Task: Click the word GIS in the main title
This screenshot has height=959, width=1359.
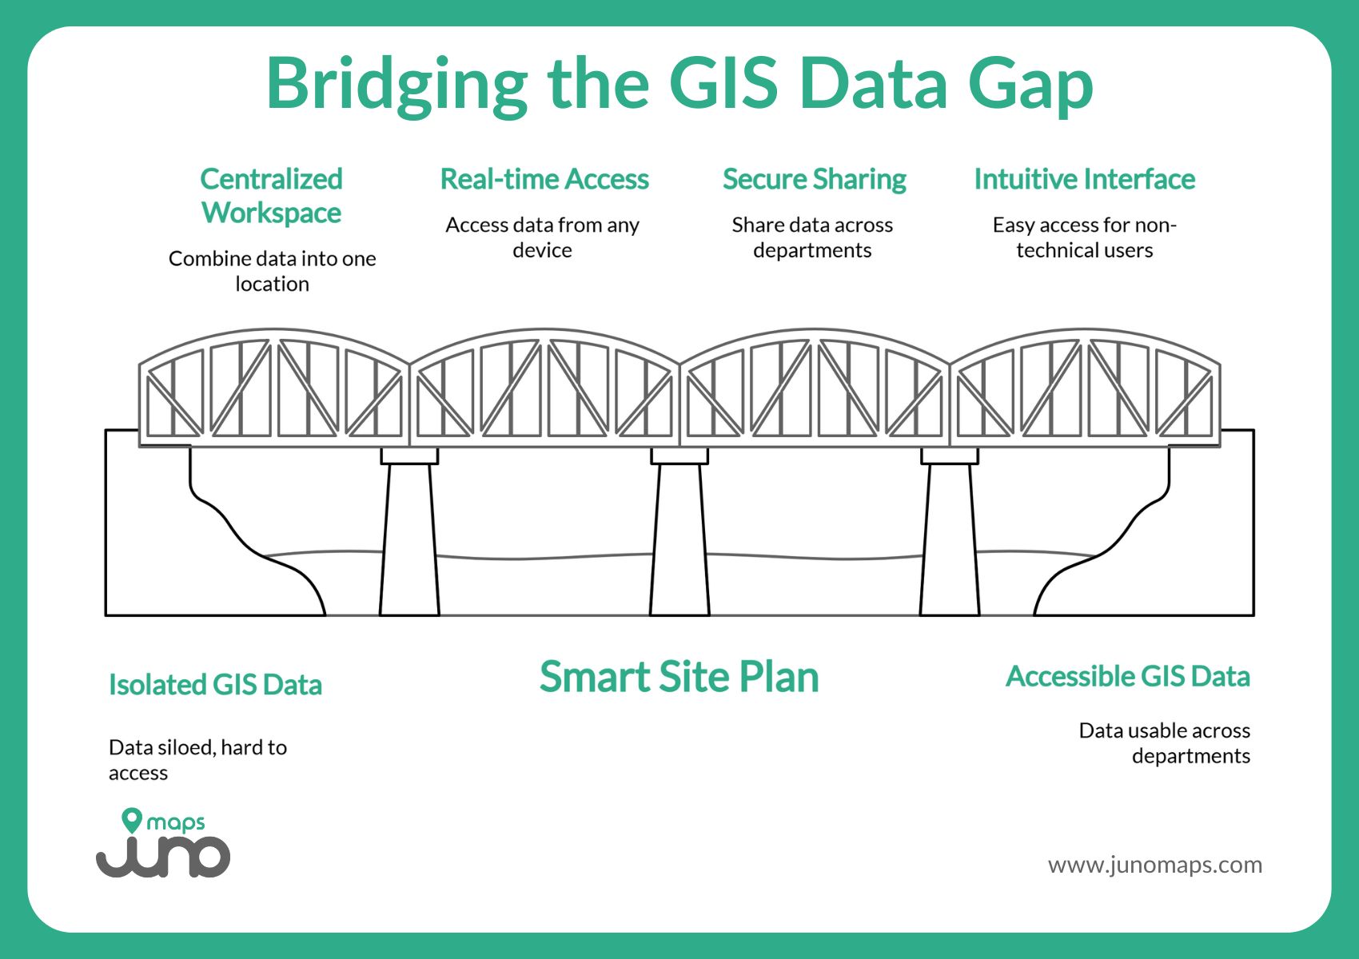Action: coord(723,83)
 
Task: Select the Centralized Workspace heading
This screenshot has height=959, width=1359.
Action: coord(271,196)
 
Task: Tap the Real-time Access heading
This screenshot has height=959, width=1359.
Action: coord(544,180)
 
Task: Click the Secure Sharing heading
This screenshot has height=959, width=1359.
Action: coord(814,180)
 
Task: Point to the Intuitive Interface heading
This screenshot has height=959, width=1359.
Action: coord(1084,180)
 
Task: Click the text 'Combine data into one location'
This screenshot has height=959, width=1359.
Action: coord(272,271)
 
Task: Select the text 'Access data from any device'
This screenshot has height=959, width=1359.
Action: coord(542,237)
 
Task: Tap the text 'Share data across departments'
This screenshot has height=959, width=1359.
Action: coord(812,237)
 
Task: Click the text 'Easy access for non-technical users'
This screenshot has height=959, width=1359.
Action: coord(1084,237)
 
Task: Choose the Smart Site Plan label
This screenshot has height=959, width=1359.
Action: coord(679,677)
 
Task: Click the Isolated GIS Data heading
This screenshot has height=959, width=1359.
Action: coord(215,685)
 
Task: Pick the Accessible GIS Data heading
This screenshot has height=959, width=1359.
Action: coord(1127,677)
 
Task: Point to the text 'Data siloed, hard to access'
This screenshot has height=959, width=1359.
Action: coord(197,759)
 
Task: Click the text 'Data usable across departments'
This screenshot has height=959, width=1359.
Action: coord(1164,743)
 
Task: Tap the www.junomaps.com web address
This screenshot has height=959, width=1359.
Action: coord(1154,865)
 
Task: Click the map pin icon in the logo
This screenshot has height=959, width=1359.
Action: coord(132,821)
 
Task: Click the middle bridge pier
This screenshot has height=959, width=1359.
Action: coord(679,535)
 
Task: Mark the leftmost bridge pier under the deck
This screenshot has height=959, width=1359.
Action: coord(409,535)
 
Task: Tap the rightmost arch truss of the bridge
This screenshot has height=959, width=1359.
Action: coord(1085,388)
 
